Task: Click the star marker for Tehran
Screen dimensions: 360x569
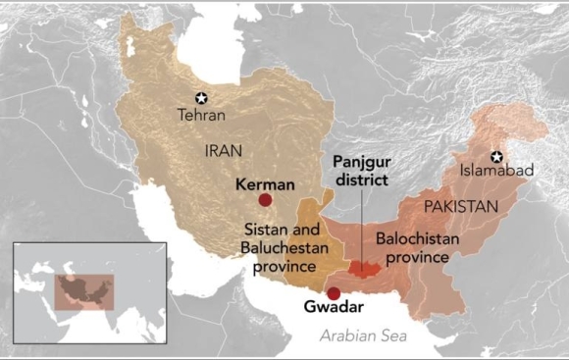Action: (x=201, y=97)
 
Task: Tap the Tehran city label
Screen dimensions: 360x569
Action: (x=201, y=115)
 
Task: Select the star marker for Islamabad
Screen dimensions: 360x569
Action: (x=497, y=155)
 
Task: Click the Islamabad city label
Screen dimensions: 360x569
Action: (x=497, y=171)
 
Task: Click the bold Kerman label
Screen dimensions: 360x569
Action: (x=266, y=182)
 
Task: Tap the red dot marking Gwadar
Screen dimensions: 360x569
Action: (x=334, y=293)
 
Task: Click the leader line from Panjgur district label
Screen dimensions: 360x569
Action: (x=362, y=226)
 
